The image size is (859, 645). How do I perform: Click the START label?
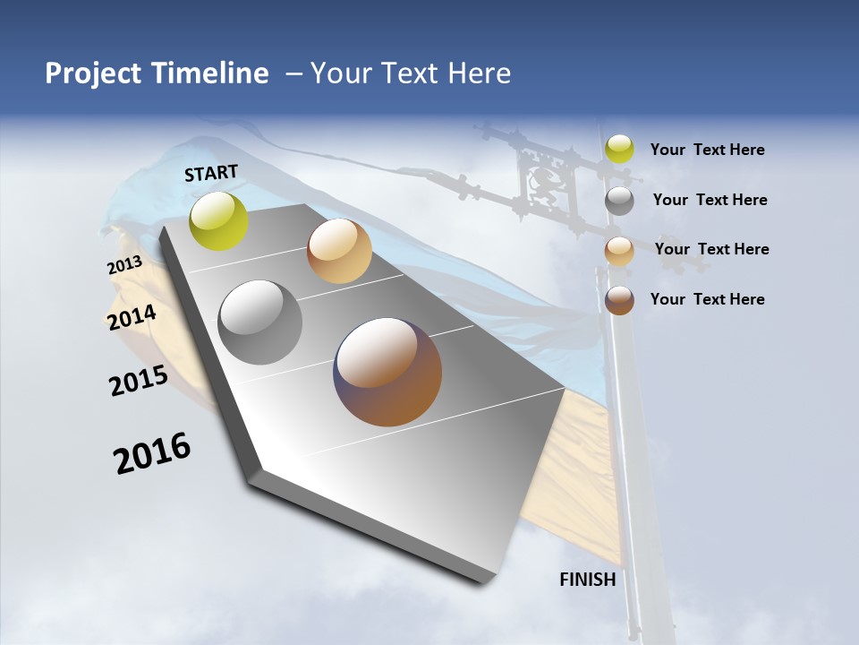pos(211,173)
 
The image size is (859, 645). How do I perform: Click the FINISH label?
pos(588,580)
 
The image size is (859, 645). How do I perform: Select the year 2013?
pos(125,265)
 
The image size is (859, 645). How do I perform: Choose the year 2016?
pos(152,453)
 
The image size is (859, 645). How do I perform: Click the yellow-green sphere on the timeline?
pos(218,220)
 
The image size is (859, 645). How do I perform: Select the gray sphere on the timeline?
pos(260,322)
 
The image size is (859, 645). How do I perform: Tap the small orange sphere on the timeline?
pos(339,251)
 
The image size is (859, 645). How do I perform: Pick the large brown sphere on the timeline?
pos(387,372)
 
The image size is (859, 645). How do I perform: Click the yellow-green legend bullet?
pos(619,149)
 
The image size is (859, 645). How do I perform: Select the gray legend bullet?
pos(619,201)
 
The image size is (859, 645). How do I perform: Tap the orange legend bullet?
pos(619,251)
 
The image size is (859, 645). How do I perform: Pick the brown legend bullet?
pos(619,300)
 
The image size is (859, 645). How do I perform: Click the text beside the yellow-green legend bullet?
pos(707,150)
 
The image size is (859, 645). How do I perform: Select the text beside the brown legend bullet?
pos(707,299)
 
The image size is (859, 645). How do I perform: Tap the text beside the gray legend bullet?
pos(710,200)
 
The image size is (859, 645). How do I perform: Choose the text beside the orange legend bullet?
pos(711,249)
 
